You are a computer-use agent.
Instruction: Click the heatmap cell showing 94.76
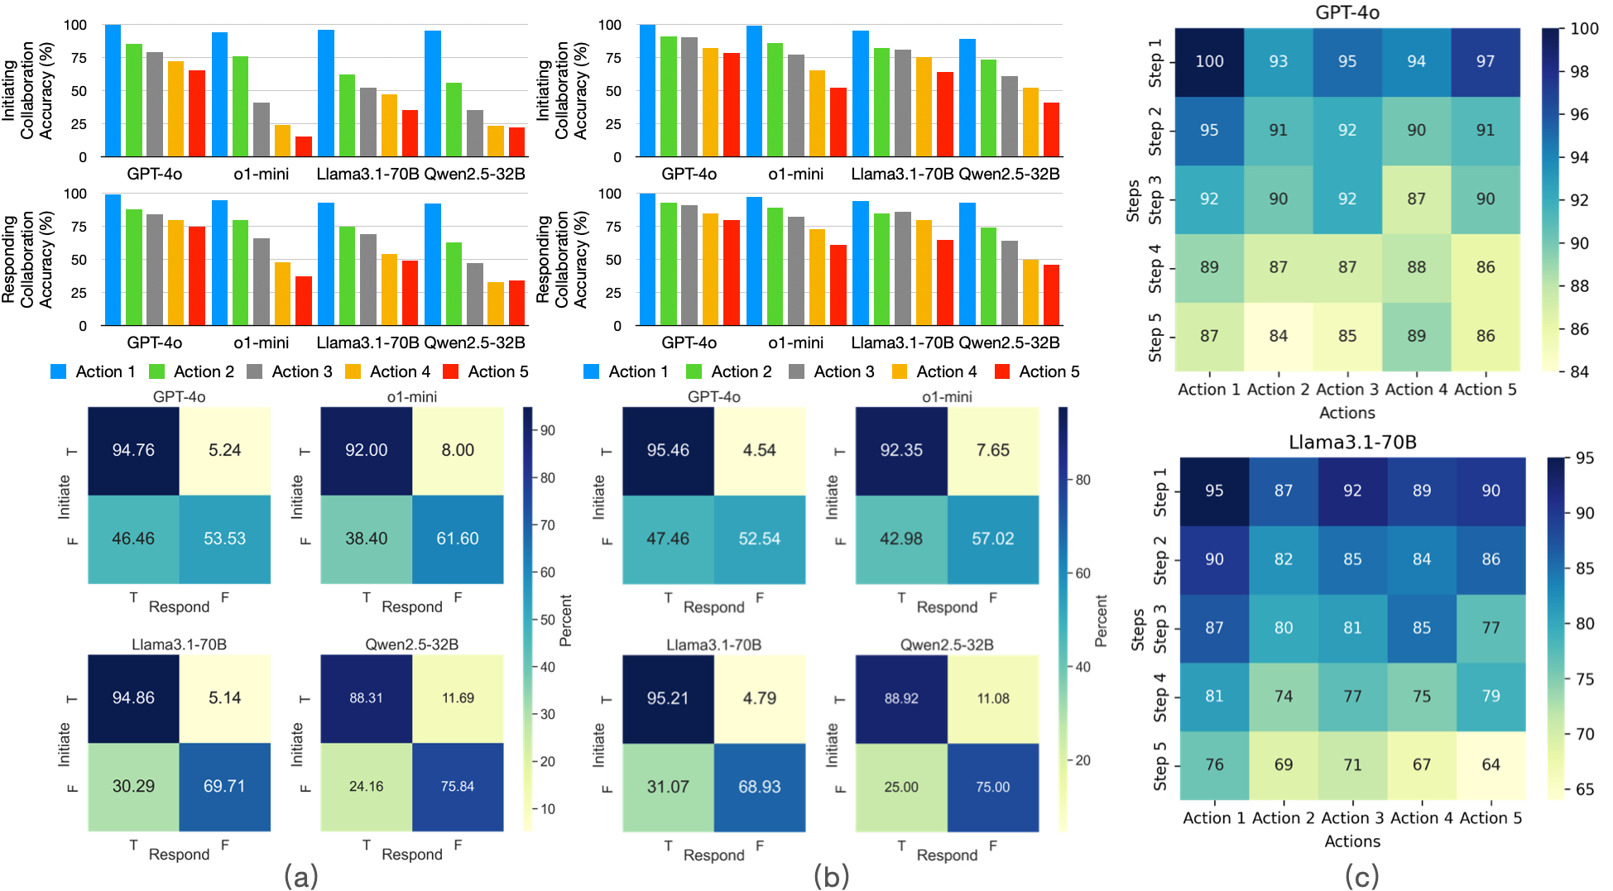click(133, 450)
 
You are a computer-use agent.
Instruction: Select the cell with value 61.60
click(458, 539)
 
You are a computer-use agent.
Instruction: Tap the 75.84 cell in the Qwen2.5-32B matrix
click(458, 786)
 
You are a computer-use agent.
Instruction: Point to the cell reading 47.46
click(668, 539)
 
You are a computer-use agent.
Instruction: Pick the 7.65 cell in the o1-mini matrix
click(992, 450)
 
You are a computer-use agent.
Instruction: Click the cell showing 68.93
click(759, 787)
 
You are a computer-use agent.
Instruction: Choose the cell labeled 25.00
click(901, 787)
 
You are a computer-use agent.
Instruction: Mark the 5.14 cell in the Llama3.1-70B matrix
click(224, 697)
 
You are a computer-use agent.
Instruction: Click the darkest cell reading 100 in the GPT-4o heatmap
click(1209, 61)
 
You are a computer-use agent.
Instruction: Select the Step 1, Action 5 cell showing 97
click(1485, 61)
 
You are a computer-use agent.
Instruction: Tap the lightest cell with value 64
click(1491, 764)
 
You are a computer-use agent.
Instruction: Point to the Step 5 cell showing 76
click(1214, 764)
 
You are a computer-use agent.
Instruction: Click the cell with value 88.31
click(366, 697)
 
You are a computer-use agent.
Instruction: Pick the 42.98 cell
click(901, 539)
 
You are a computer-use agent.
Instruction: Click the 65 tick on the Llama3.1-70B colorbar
click(1584, 789)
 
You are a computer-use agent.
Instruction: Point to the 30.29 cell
click(133, 786)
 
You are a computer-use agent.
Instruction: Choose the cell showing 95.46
click(668, 450)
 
